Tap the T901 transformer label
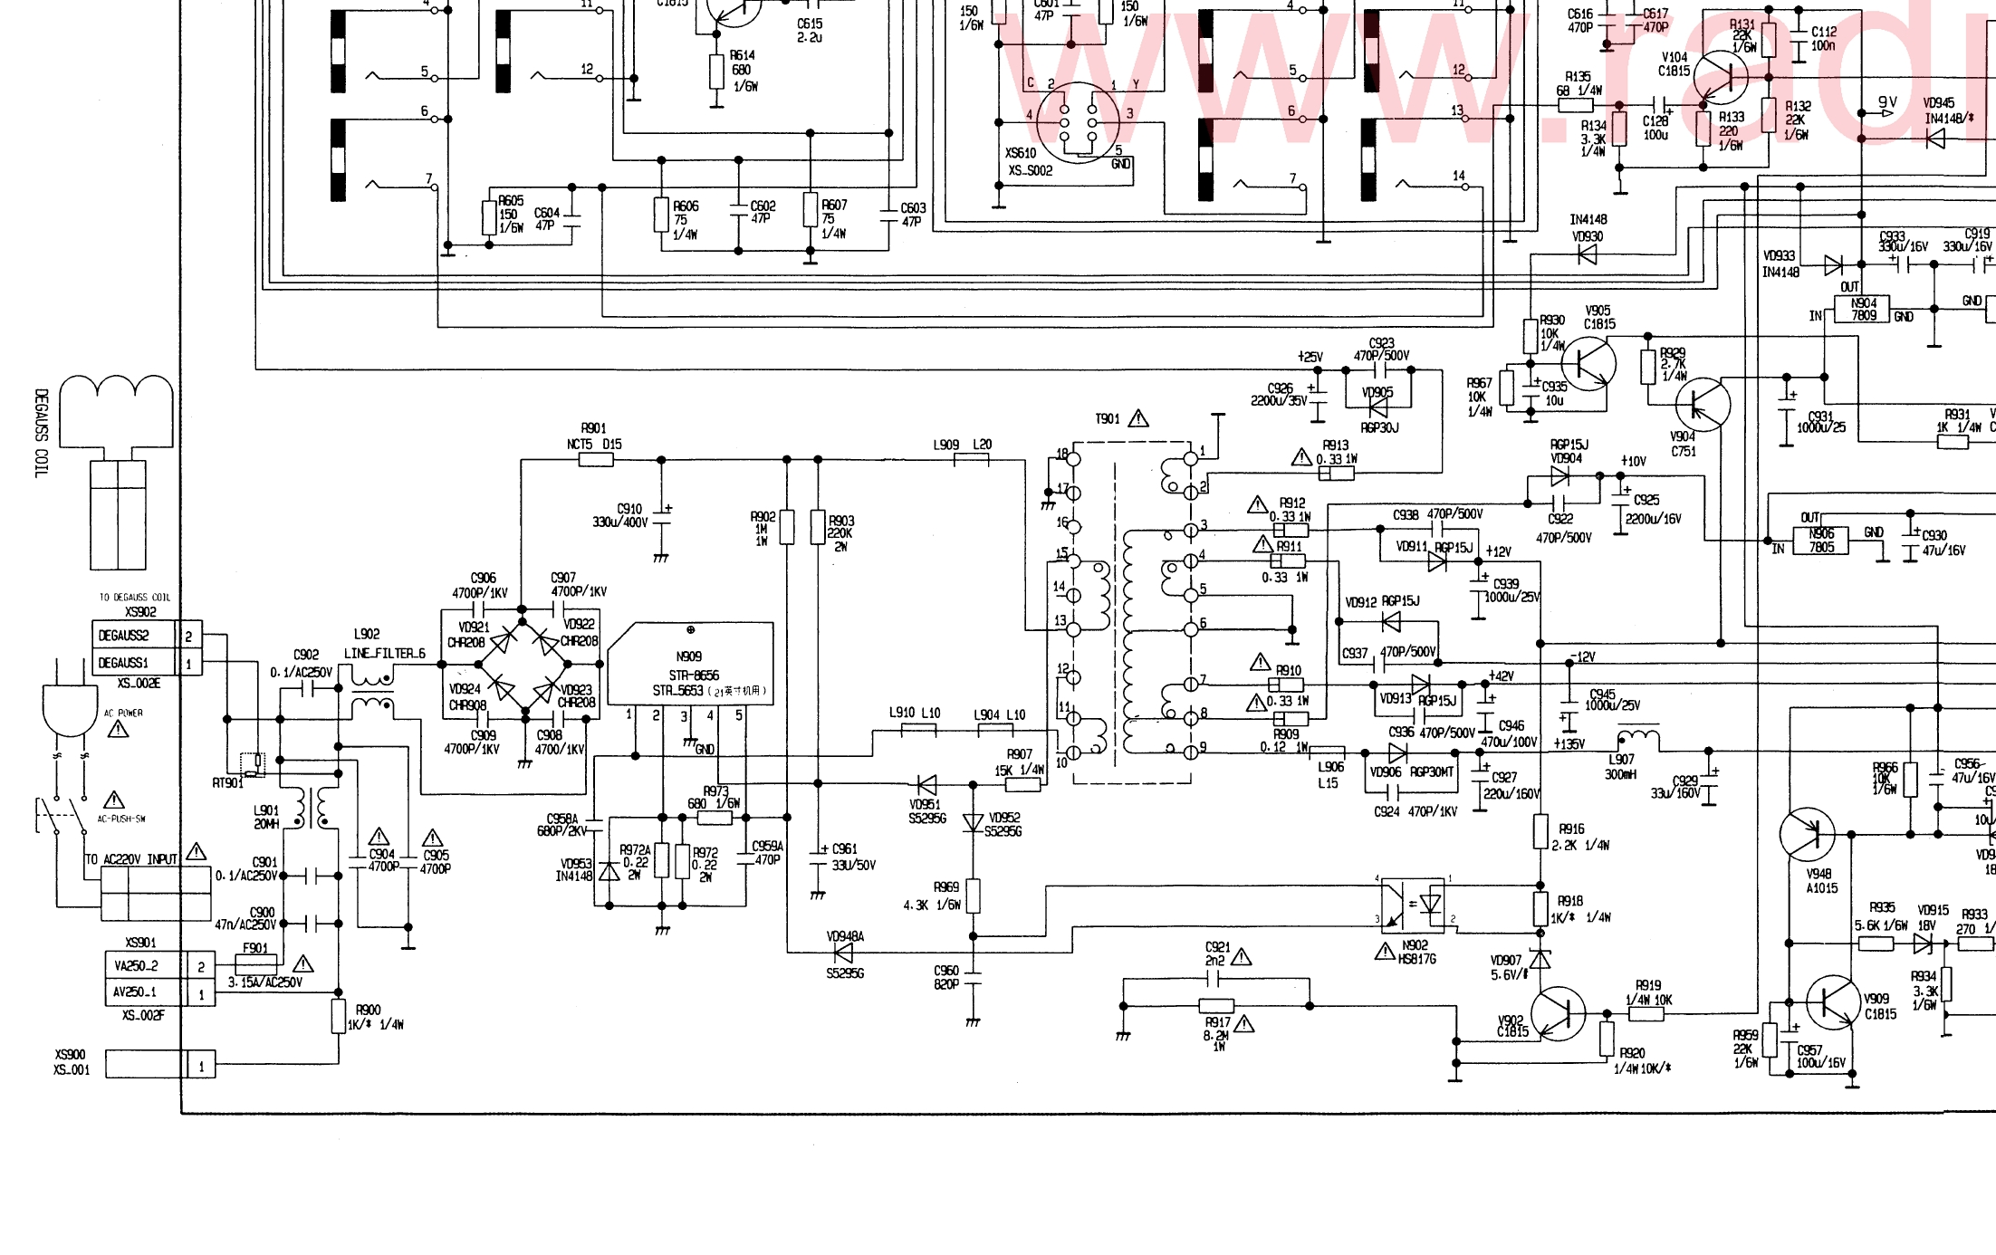pyautogui.click(x=1108, y=419)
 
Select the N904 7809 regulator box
pyautogui.click(x=1863, y=310)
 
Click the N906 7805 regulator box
pyautogui.click(x=1821, y=541)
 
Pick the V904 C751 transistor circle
pyautogui.click(x=1703, y=405)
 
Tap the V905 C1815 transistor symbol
pyautogui.click(x=1588, y=363)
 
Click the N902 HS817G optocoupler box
pyautogui.click(x=1413, y=905)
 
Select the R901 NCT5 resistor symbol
pyautogui.click(x=596, y=460)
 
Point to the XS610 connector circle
pyautogui.click(x=1078, y=122)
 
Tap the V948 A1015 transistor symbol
pyautogui.click(x=1807, y=835)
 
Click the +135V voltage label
pyautogui.click(x=1569, y=744)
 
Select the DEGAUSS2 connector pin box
pyautogui.click(x=123, y=636)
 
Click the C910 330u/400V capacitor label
pyautogui.click(x=619, y=516)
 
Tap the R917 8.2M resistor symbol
pyautogui.click(x=1216, y=1006)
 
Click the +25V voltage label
pyautogui.click(x=1310, y=357)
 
